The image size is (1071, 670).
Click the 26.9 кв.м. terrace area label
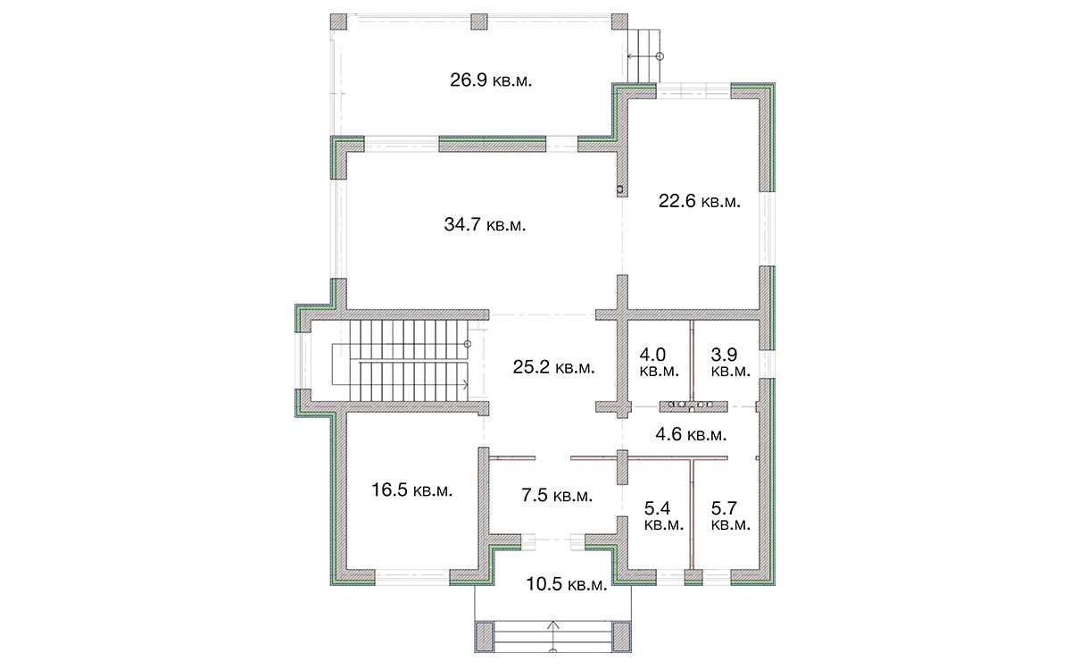coord(491,80)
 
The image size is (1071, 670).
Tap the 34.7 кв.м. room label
coord(485,224)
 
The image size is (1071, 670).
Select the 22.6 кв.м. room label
coord(700,201)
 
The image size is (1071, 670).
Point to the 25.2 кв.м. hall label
coord(553,367)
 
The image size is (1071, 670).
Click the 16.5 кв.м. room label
coord(411,490)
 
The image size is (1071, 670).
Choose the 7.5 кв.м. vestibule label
coord(557,495)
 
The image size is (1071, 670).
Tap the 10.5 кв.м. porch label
coord(567,584)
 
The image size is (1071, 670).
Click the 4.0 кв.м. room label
coord(659,363)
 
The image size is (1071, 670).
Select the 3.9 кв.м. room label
coord(731,363)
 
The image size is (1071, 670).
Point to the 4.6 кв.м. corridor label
coord(691,434)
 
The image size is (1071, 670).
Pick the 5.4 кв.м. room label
coord(664,515)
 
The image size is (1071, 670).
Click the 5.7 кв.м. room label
coord(731,515)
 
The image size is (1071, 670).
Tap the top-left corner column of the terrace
coord(338,22)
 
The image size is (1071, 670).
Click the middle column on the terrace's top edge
coord(479,22)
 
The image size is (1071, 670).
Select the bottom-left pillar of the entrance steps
coord(485,637)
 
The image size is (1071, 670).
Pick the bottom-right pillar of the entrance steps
coord(621,637)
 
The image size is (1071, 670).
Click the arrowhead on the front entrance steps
coord(553,624)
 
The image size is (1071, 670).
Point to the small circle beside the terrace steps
coord(660,56)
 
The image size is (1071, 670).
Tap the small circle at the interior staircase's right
coord(468,344)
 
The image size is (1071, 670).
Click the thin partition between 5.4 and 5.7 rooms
coord(692,514)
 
